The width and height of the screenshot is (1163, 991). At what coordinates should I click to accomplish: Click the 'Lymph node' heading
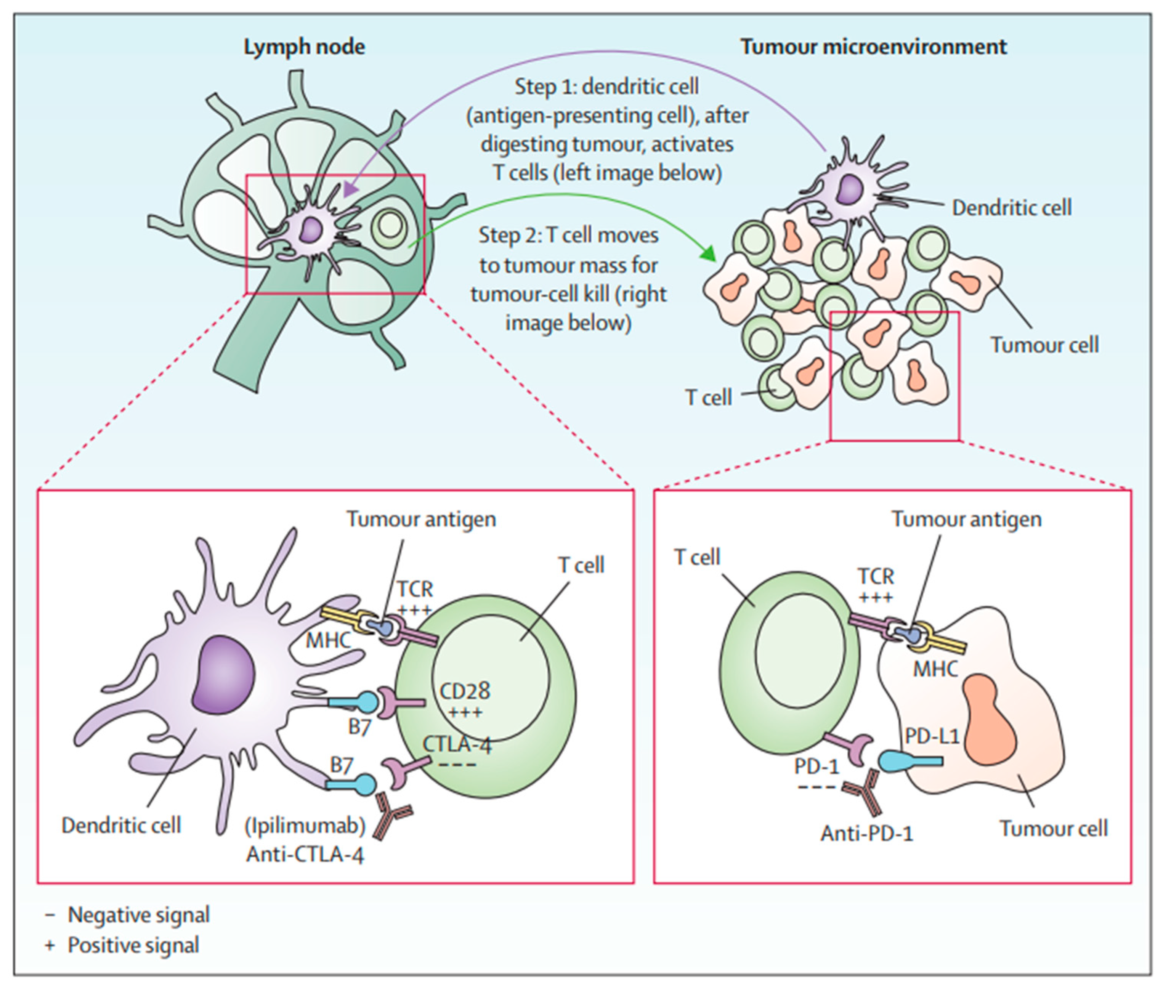click(x=304, y=47)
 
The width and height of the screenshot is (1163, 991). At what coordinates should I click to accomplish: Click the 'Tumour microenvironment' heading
click(x=873, y=47)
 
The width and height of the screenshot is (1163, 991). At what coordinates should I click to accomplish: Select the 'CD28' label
click(x=464, y=691)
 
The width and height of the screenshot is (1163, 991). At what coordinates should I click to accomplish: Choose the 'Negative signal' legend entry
click(x=138, y=915)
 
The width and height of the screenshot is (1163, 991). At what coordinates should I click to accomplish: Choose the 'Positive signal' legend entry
click(x=133, y=945)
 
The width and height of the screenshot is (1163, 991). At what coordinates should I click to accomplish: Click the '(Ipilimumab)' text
click(x=305, y=826)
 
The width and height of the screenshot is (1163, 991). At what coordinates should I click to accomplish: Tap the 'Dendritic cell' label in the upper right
click(x=1011, y=208)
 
